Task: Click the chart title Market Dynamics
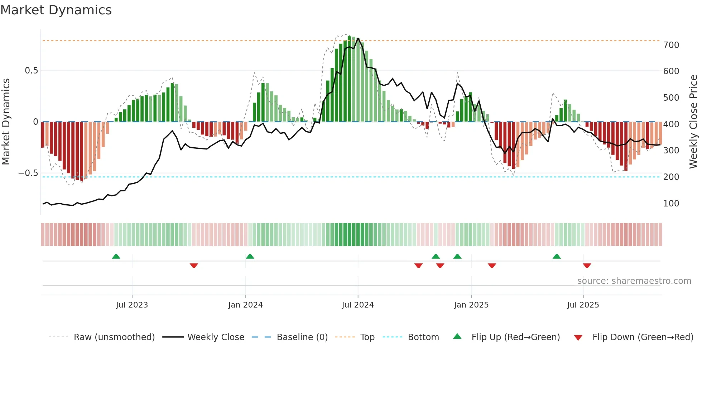(x=56, y=10)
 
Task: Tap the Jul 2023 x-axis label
(x=132, y=305)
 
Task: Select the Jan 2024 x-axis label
(x=245, y=305)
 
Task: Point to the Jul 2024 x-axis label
(x=357, y=305)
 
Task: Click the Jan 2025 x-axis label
(x=471, y=305)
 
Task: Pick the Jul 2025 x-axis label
(x=583, y=305)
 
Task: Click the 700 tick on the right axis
(x=671, y=45)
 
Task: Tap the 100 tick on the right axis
(x=671, y=204)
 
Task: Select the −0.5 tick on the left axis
(x=28, y=173)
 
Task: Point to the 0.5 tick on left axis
(x=31, y=71)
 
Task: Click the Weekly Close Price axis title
(x=693, y=122)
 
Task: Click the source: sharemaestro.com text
(x=634, y=281)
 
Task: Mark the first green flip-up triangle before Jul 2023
(x=116, y=257)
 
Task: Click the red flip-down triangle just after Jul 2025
(x=587, y=266)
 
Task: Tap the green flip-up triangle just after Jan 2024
(x=250, y=257)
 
